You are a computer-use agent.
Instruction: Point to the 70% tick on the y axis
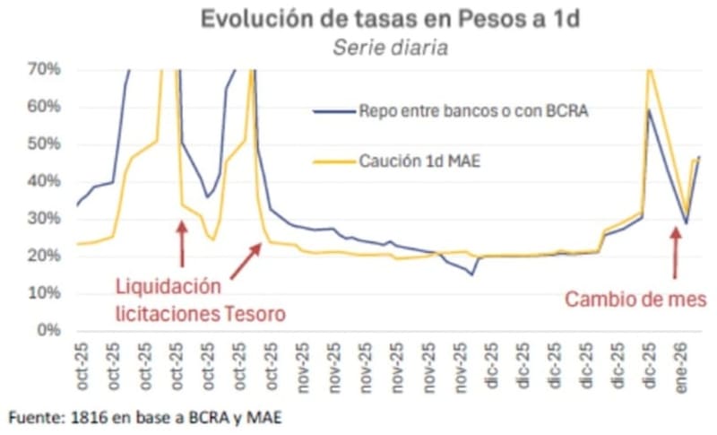point(43,69)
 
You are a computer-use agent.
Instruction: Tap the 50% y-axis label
point(43,144)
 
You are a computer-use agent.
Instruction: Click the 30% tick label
point(43,219)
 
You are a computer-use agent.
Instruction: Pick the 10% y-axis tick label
point(43,293)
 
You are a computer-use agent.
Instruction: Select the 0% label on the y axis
point(47,331)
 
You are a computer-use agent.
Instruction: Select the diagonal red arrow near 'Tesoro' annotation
point(243,260)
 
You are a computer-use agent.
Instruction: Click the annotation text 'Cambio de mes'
point(635,299)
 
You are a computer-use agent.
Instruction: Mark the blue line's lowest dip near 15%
point(471,274)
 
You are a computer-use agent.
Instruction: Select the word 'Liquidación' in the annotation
point(168,287)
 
